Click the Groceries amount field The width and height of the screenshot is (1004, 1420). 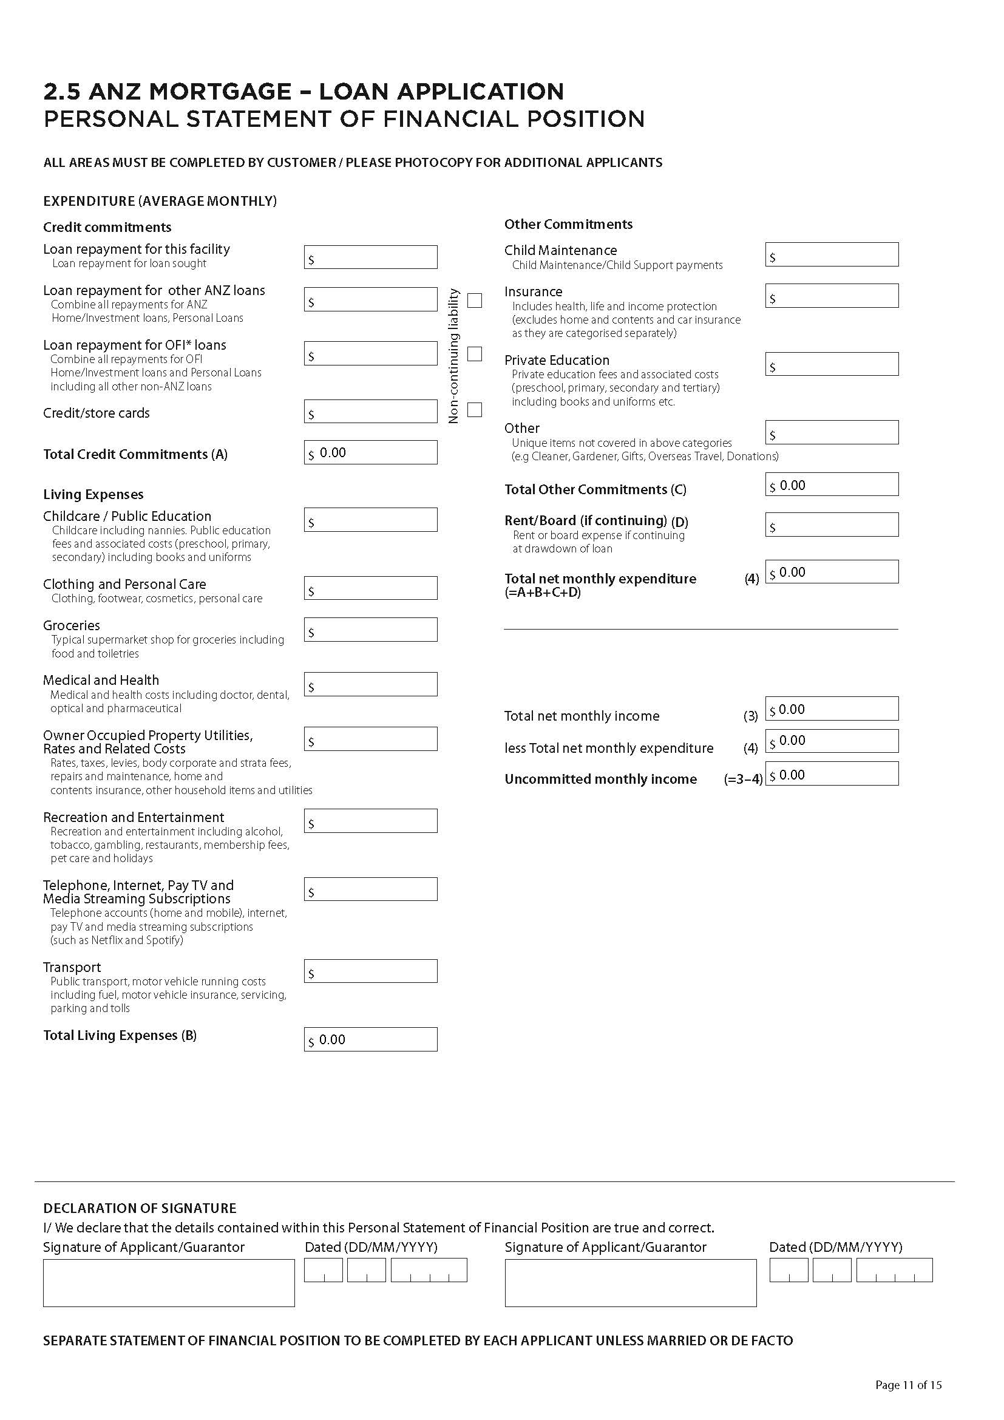370,630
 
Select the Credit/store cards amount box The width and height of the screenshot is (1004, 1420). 370,411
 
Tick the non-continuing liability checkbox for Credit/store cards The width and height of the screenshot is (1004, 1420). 474,409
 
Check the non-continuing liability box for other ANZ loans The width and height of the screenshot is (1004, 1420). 474,301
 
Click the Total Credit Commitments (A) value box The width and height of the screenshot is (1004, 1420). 370,452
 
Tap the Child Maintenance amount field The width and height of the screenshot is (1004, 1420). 832,254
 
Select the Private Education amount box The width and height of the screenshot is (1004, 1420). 832,364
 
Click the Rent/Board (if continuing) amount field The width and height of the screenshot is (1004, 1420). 832,525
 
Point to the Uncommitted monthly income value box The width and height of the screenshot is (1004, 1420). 832,773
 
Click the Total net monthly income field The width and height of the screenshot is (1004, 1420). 832,708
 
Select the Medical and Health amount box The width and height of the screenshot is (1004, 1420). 370,684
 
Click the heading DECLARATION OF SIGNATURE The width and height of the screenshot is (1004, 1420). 140,1208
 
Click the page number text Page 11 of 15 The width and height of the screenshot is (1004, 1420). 908,1385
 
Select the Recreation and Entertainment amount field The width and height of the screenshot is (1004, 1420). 370,821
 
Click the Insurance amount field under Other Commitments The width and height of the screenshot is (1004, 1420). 832,296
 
